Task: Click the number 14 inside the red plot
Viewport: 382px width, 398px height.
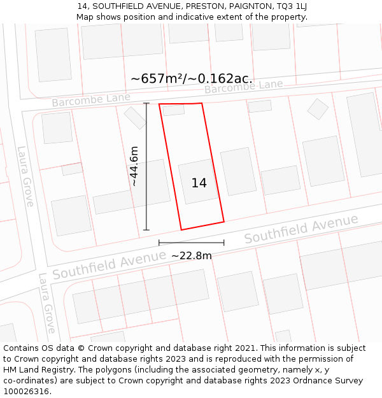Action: pyautogui.click(x=199, y=183)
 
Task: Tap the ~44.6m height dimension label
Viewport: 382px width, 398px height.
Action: pyautogui.click(x=134, y=166)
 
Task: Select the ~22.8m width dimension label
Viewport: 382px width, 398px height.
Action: pyautogui.click(x=191, y=255)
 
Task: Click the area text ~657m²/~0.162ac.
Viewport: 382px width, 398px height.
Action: pyautogui.click(x=192, y=78)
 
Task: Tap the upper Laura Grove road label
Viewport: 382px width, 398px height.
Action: pyautogui.click(x=25, y=176)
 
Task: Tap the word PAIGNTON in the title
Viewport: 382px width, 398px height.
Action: pyautogui.click(x=249, y=6)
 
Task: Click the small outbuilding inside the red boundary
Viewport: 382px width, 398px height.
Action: pyautogui.click(x=173, y=110)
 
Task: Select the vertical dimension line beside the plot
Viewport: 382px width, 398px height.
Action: pyautogui.click(x=146, y=166)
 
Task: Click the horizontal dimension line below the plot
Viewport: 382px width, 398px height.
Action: pyautogui.click(x=191, y=243)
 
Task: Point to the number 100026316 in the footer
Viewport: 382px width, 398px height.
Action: pyautogui.click(x=25, y=391)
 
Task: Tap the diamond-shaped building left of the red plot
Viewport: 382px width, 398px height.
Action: pyautogui.click(x=135, y=118)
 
